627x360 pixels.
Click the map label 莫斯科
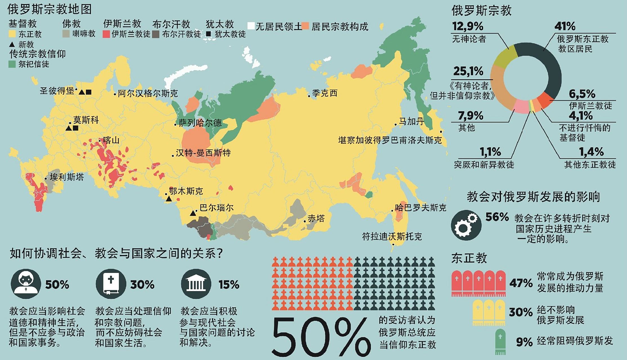click(86, 120)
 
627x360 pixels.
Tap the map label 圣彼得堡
click(57, 91)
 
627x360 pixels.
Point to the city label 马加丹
click(411, 121)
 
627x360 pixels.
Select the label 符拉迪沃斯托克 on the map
click(392, 237)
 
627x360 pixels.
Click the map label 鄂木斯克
click(186, 191)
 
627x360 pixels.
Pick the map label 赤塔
click(316, 219)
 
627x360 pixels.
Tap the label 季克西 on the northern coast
click(324, 93)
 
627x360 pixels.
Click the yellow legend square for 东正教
click(12, 34)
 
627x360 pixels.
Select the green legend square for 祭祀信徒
click(12, 64)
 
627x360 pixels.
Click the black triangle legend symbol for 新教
click(12, 44)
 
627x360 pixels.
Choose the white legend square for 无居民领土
click(251, 26)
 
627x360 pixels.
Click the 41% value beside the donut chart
click(565, 26)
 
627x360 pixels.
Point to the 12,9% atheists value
click(467, 26)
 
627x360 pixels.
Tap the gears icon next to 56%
click(465, 225)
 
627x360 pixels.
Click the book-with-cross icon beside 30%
click(111, 284)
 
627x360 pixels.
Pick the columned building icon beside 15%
click(196, 284)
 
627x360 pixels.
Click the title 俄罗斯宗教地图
click(50, 9)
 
